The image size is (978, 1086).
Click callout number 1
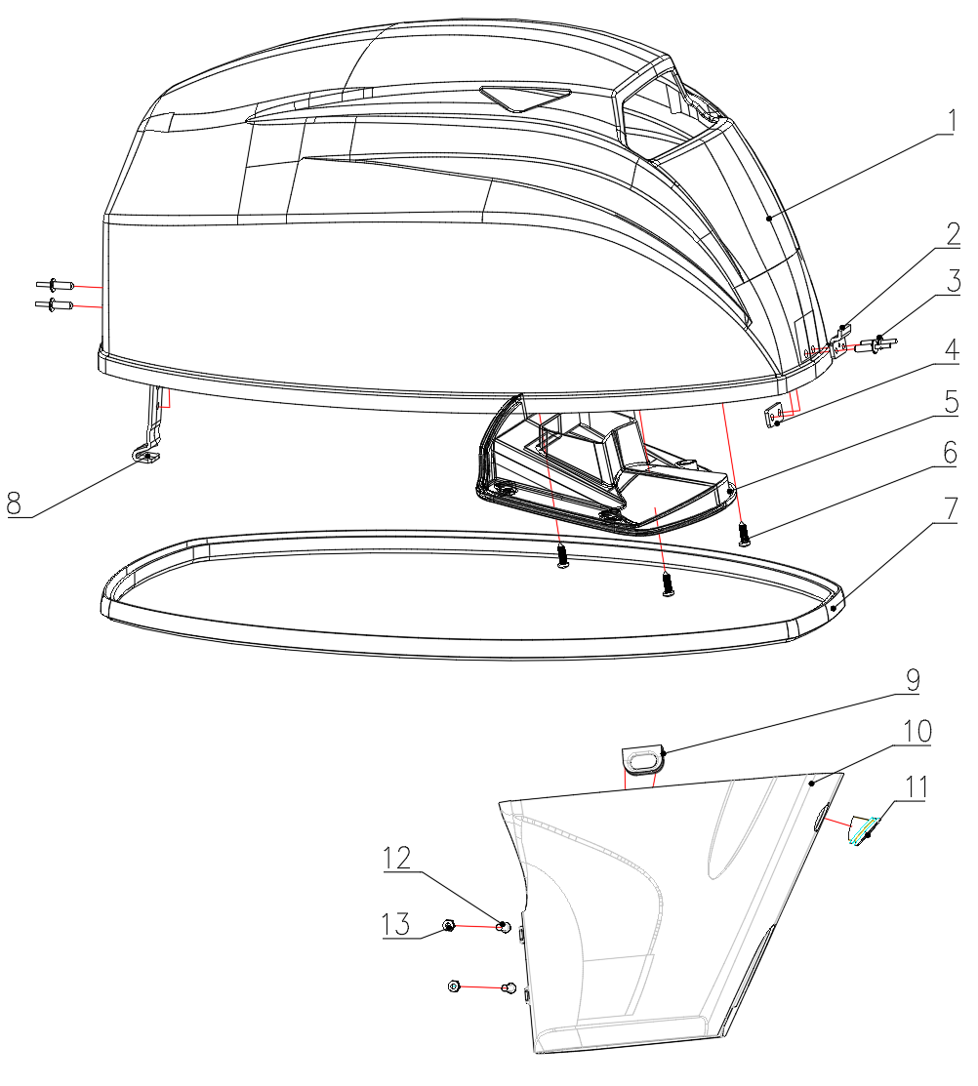tap(952, 122)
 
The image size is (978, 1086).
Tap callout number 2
tap(953, 234)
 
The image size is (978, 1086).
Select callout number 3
tap(954, 281)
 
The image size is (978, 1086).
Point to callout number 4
tap(953, 349)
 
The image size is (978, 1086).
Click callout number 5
tap(952, 402)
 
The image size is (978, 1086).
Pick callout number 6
tap(951, 453)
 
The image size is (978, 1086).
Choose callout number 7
tap(952, 509)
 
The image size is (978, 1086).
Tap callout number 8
tap(15, 503)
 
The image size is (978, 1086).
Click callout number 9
tap(914, 680)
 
